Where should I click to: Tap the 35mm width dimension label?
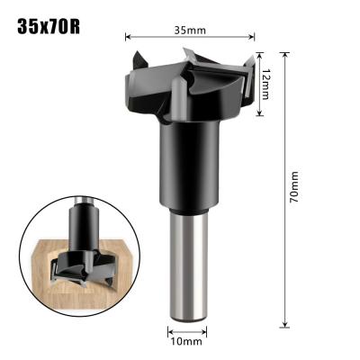[x=190, y=30]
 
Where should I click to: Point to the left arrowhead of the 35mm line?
[x=126, y=38]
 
